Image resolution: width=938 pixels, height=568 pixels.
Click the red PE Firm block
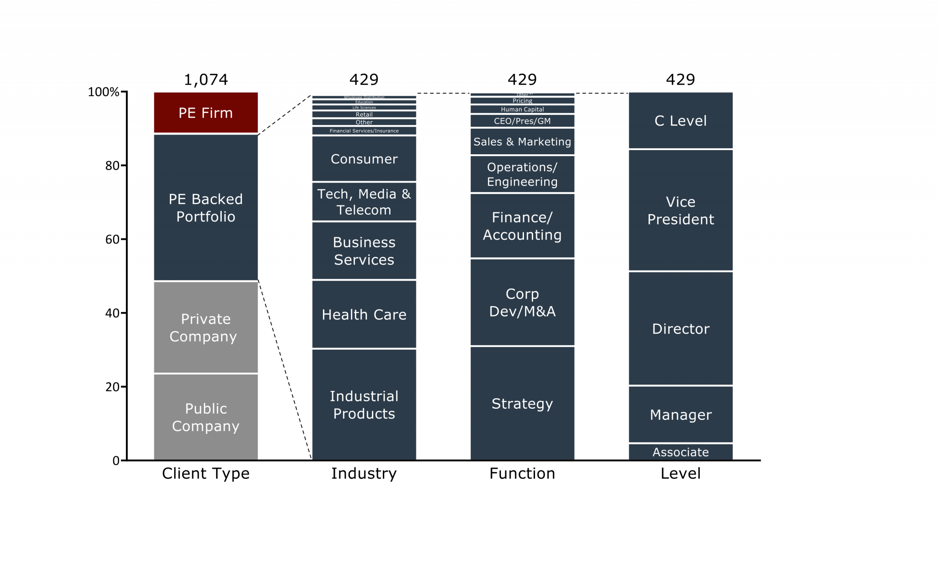[x=206, y=113]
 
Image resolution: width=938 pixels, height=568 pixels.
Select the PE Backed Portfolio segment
[x=206, y=207]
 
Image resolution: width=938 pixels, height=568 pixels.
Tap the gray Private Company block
[x=206, y=327]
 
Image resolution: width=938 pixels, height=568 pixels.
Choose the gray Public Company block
[x=206, y=417]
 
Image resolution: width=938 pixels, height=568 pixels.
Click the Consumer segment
[x=364, y=159]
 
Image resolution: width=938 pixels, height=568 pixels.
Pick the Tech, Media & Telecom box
[x=364, y=202]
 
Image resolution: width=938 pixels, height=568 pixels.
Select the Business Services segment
[x=364, y=251]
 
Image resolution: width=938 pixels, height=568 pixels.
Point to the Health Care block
[x=364, y=314]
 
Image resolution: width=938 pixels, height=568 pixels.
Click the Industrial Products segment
[x=364, y=405]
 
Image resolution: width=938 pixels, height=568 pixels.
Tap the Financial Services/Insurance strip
[x=364, y=131]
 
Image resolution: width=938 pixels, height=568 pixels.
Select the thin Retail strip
[x=364, y=114]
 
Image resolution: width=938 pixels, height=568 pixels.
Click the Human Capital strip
[x=522, y=109]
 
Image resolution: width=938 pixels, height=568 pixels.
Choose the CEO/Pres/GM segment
[x=522, y=121]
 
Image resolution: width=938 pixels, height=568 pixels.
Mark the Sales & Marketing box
[x=522, y=142]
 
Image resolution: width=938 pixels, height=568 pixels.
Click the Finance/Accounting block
[x=522, y=226]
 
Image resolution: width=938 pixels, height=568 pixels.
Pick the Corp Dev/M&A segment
[x=522, y=302]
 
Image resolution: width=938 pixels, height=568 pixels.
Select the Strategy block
[x=522, y=403]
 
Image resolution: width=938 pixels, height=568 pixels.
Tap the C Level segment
[x=681, y=120]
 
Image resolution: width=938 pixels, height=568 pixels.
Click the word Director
[x=681, y=329]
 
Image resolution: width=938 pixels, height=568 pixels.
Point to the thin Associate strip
[x=681, y=452]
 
